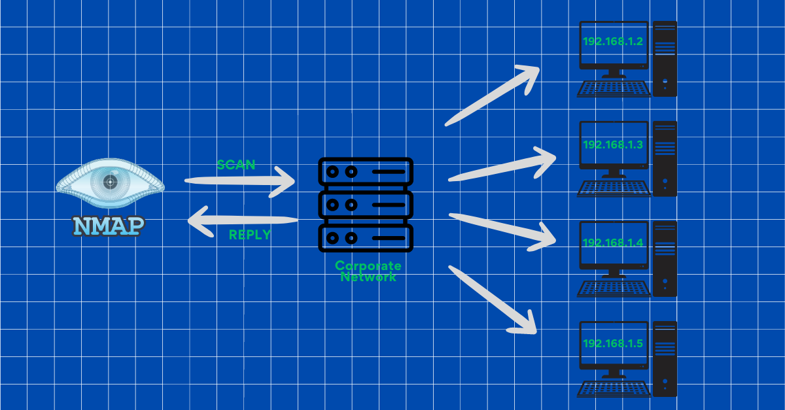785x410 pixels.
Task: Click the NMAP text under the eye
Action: point(109,225)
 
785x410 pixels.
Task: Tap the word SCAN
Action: point(236,165)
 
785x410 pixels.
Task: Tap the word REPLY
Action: point(250,235)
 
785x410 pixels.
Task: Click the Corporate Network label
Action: point(368,271)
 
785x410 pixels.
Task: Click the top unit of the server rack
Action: point(365,172)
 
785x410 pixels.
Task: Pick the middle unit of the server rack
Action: point(365,205)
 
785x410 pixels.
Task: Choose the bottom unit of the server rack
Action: point(365,237)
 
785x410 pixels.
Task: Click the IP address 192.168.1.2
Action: point(613,42)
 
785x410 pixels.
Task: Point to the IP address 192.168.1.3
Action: point(613,144)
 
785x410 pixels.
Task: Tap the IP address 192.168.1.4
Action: point(613,243)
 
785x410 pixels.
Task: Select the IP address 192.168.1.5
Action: point(613,343)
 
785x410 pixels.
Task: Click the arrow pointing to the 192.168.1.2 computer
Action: point(492,95)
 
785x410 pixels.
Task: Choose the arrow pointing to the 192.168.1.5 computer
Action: point(492,299)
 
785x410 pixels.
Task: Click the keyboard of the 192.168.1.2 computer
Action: point(614,89)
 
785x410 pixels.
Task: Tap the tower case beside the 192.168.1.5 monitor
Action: point(665,358)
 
